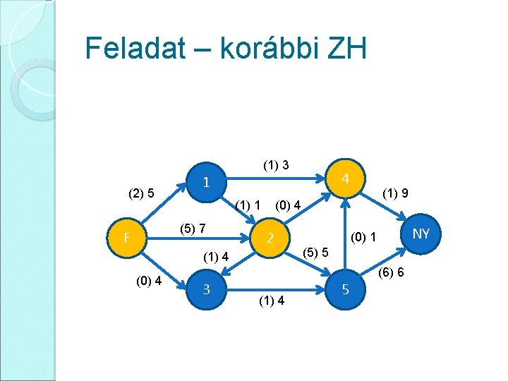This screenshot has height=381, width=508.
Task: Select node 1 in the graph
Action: tap(205, 182)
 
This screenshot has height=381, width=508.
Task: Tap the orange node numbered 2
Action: tap(270, 238)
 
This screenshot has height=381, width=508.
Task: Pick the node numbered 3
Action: tap(205, 288)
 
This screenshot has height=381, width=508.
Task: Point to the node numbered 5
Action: tap(345, 288)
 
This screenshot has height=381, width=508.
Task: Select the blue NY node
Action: tap(421, 234)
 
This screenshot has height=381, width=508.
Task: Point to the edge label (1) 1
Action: tap(249, 205)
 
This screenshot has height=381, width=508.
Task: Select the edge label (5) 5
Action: tap(315, 252)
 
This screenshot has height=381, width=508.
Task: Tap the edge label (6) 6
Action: tap(391, 272)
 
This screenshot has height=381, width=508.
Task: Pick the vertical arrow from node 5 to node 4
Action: tap(345, 233)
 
